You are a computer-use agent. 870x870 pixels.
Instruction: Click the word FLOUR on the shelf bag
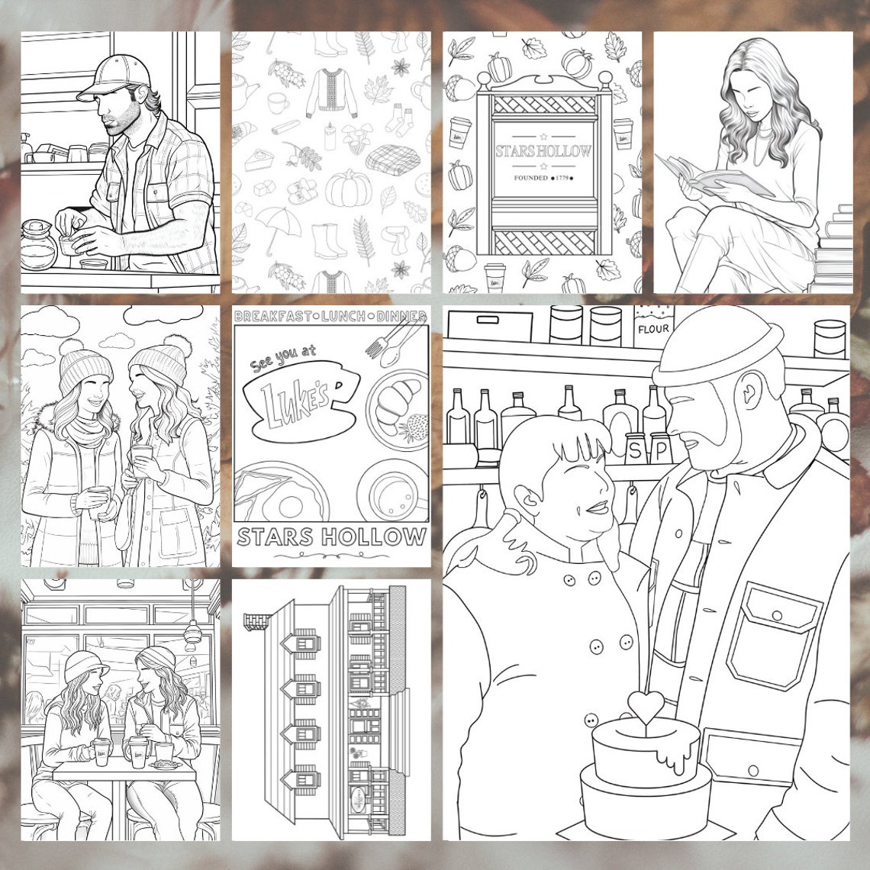(x=652, y=329)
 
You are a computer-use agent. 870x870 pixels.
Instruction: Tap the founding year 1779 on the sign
(x=563, y=178)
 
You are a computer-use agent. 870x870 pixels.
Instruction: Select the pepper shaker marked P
(x=658, y=448)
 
